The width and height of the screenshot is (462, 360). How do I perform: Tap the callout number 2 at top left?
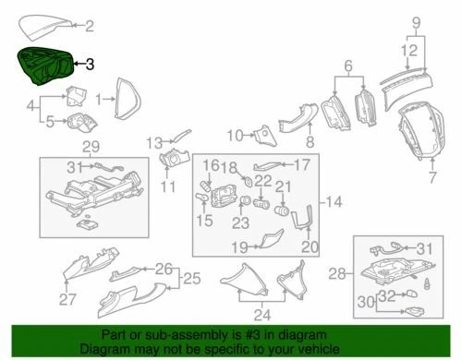pos(89,26)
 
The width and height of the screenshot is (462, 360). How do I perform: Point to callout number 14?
pos(332,201)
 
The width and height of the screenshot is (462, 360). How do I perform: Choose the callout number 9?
pos(416,20)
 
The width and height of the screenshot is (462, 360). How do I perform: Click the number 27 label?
pos(67,299)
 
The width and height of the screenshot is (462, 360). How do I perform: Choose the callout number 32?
pos(389,294)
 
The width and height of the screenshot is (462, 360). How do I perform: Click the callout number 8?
pos(310,143)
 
